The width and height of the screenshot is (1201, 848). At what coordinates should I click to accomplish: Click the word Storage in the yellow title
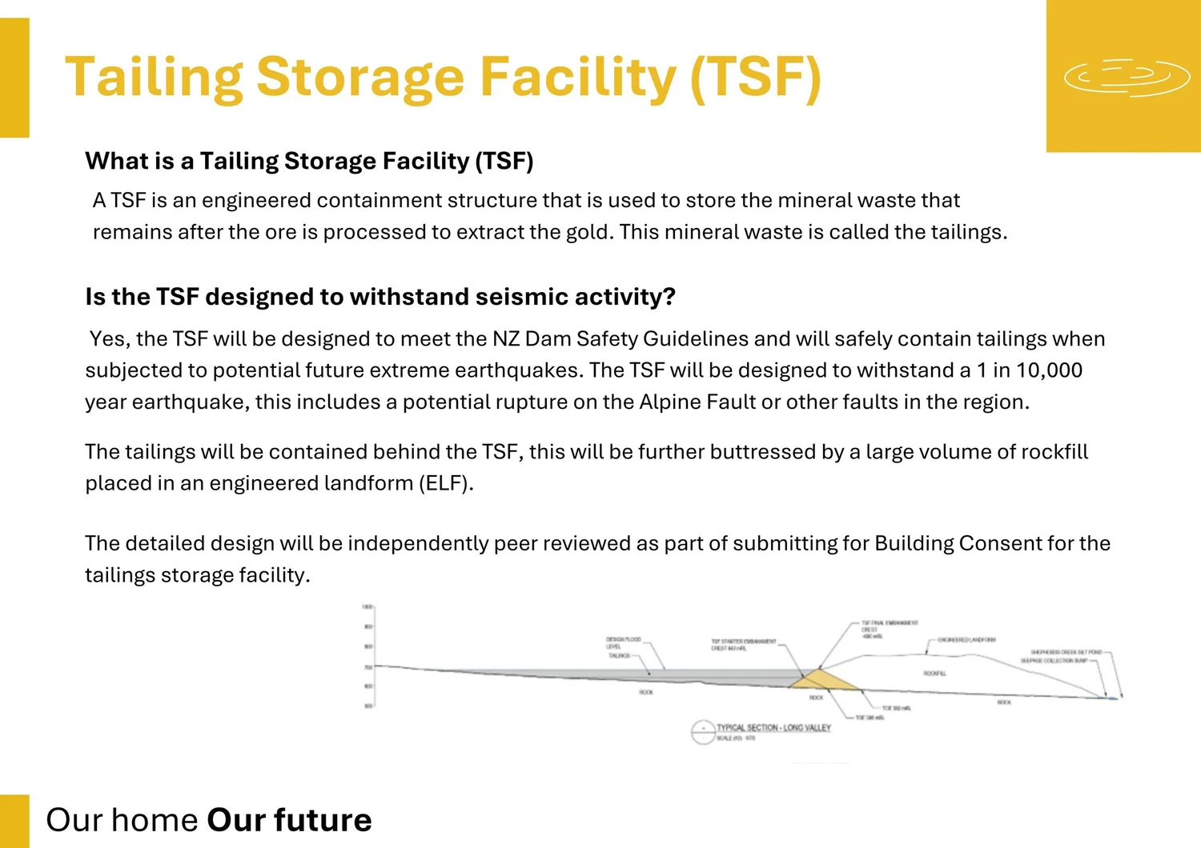tap(360, 78)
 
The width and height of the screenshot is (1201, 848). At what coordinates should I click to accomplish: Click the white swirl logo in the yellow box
tap(1127, 77)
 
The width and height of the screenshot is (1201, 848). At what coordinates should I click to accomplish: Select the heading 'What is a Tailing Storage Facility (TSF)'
tap(309, 161)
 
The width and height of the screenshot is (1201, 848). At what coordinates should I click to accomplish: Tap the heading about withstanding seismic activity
tap(380, 297)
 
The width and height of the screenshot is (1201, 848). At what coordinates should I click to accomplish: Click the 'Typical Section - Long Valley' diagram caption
tap(773, 728)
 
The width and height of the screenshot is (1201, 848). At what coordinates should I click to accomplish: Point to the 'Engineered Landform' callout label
tap(967, 640)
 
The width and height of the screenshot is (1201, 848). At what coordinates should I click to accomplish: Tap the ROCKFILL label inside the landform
tap(934, 674)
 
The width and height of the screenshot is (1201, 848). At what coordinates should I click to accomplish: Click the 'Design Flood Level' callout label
tap(623, 642)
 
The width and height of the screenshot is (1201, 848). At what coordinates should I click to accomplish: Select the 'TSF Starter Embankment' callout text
tap(743, 644)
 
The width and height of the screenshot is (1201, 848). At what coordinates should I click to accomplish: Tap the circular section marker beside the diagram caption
tap(702, 732)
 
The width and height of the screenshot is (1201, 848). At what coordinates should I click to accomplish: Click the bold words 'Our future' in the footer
tap(289, 820)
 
